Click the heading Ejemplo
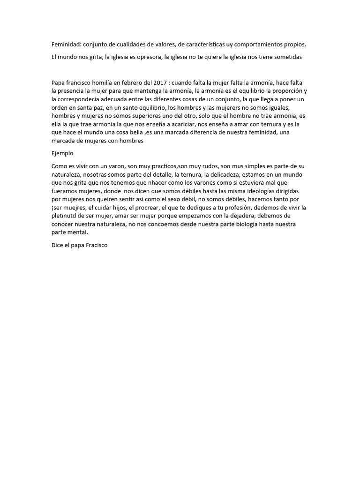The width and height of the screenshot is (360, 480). click(62, 153)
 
